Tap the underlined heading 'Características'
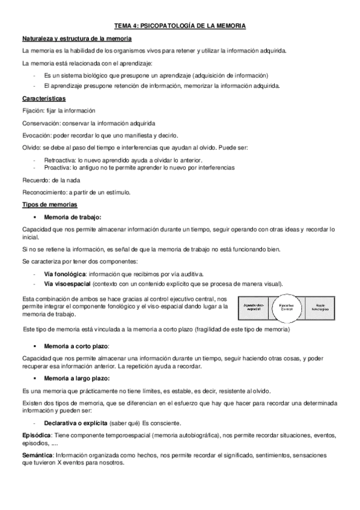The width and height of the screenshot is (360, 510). tap(44, 98)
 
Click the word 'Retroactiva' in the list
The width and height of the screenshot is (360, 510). tap(59, 160)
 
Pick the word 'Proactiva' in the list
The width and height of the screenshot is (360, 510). tap(57, 168)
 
